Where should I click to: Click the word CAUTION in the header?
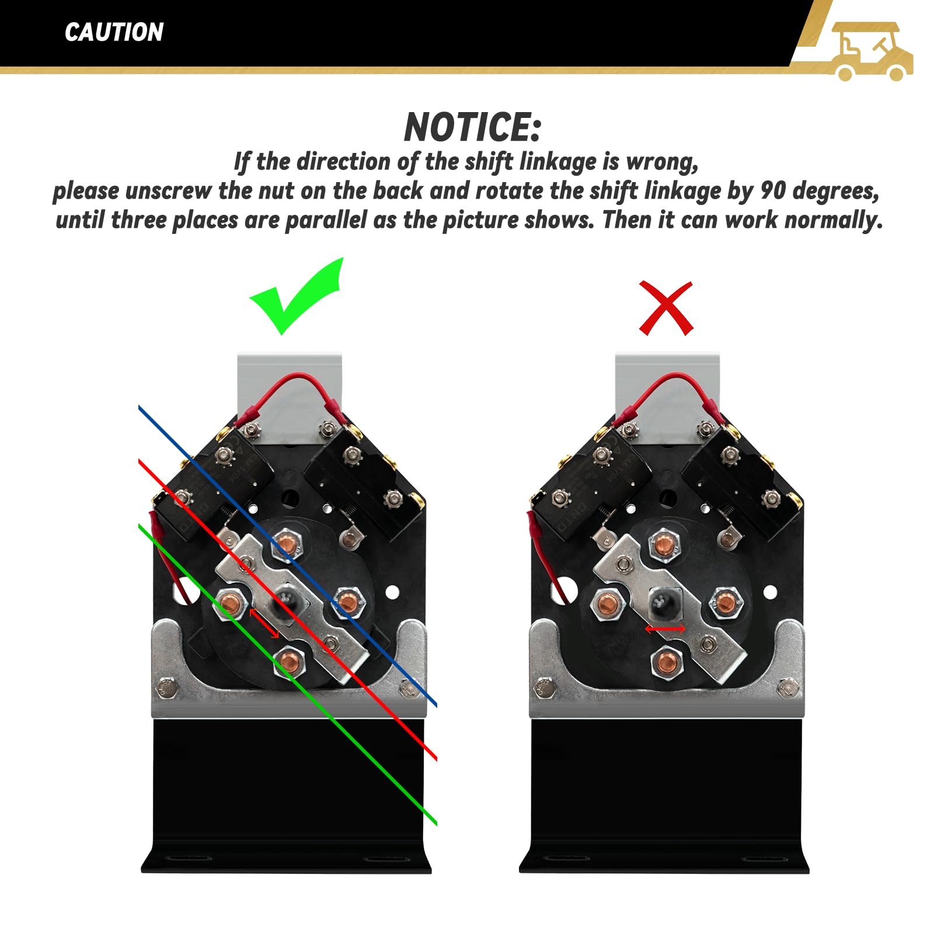(114, 32)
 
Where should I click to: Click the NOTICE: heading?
(473, 127)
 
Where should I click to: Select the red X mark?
(666, 308)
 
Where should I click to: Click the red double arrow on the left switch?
(264, 623)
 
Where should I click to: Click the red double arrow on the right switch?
(665, 629)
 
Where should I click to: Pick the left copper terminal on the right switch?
(608, 602)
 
